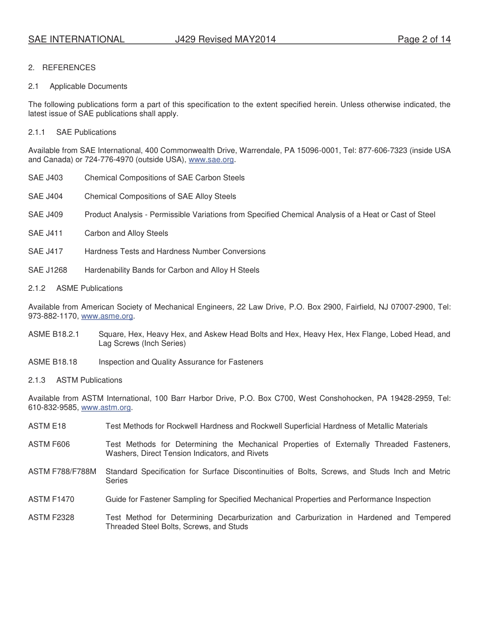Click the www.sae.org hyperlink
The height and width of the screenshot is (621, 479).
(211, 160)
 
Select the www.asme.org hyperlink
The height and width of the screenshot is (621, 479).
(107, 316)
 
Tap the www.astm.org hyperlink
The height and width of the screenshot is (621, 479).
(106, 407)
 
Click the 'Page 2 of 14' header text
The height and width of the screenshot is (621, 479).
(424, 39)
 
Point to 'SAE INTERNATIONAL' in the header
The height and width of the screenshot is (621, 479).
(76, 39)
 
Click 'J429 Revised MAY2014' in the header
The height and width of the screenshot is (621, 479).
(225, 39)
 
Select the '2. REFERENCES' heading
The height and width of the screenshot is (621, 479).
(62, 68)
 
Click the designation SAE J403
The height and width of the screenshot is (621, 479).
(45, 178)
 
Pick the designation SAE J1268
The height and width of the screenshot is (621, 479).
(47, 270)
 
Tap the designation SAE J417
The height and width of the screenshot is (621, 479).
(45, 251)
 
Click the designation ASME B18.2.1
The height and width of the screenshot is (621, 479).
(53, 334)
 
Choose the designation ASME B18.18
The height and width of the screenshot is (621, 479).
(52, 362)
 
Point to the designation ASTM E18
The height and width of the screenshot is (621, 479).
(47, 426)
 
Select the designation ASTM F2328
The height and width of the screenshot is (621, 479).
(51, 517)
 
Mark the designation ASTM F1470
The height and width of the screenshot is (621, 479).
(51, 499)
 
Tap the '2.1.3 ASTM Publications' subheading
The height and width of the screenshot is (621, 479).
(75, 380)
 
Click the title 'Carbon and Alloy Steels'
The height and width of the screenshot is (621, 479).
(126, 233)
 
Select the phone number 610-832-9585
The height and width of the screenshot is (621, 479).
(52, 407)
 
